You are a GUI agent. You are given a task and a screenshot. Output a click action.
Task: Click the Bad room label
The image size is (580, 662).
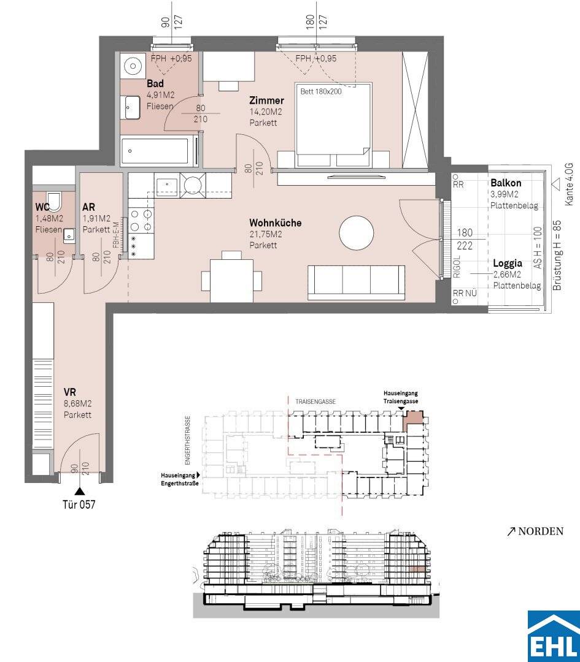155,83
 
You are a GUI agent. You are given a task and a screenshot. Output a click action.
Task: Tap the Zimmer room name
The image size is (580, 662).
266,101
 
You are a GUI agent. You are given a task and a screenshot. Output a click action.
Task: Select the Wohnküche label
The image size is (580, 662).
275,223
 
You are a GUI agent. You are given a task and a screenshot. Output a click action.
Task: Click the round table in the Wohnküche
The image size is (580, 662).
357,233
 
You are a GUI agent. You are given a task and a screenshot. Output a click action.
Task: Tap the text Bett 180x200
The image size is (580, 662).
321,91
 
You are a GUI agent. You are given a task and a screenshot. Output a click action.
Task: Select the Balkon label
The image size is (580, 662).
506,183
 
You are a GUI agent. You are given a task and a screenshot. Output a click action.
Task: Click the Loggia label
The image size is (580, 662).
508,264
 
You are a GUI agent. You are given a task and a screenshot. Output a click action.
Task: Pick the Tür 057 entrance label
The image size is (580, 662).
79,504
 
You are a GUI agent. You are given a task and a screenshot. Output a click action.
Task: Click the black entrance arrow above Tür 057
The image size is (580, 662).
79,491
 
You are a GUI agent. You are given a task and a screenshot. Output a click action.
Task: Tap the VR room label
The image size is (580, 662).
70,392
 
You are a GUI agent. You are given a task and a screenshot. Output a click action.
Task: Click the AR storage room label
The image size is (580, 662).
89,207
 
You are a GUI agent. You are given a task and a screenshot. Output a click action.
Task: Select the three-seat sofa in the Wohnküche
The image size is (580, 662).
357,283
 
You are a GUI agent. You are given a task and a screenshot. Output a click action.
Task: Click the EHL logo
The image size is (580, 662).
554,636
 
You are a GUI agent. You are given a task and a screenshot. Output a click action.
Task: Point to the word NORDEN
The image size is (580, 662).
541,531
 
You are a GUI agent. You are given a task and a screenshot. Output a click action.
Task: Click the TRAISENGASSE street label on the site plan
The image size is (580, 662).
315,401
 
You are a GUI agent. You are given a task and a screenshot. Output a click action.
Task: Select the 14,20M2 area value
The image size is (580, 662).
266,112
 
